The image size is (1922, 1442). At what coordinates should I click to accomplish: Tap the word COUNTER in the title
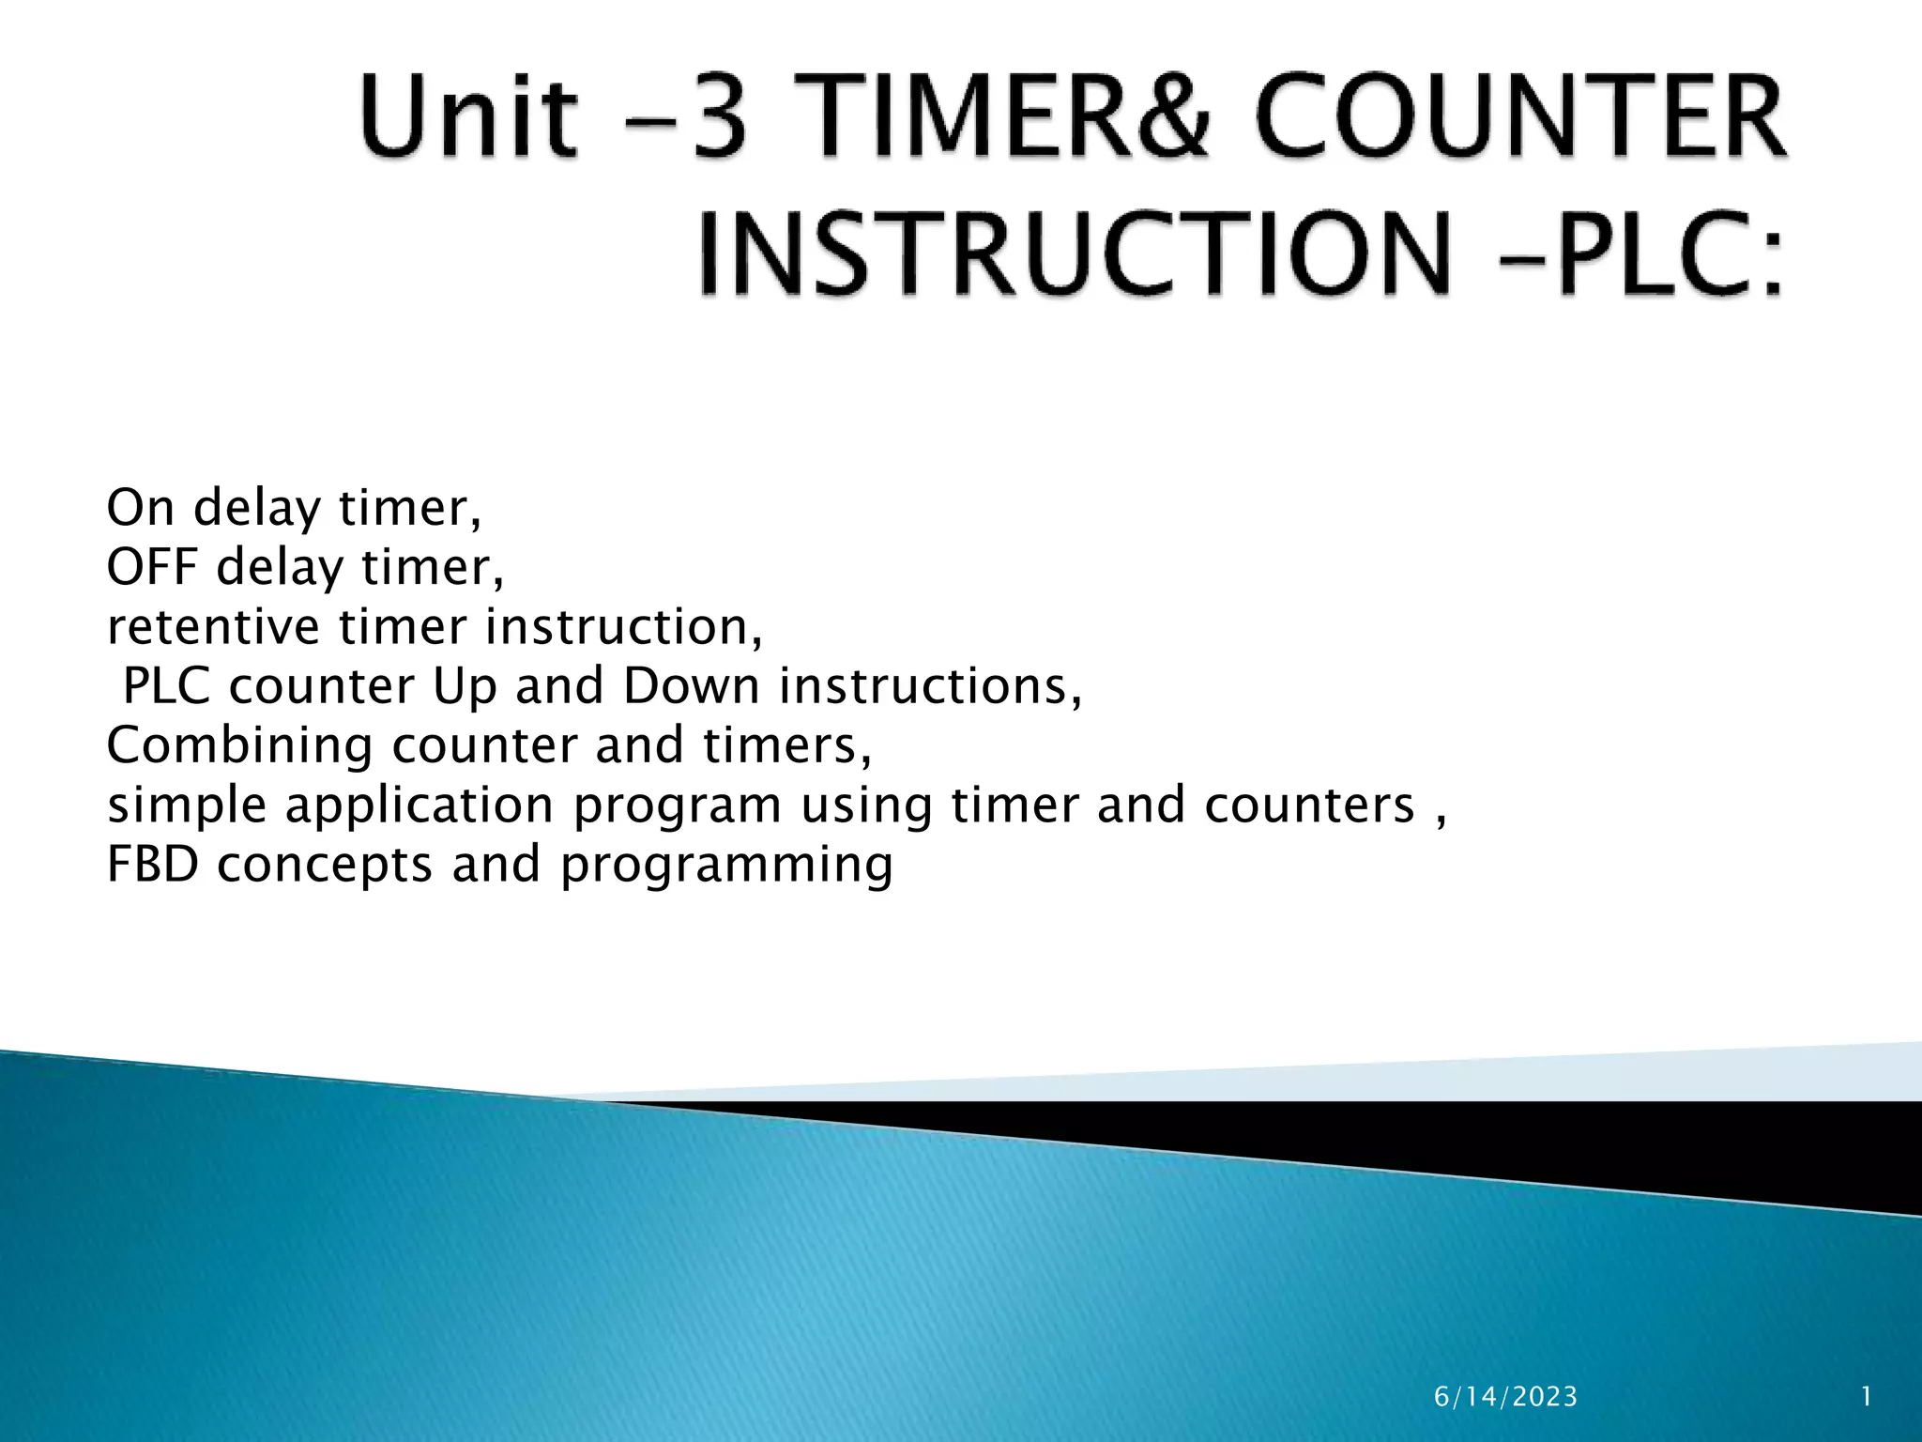click(1521, 116)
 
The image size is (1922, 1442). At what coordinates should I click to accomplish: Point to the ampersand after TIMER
click(1169, 116)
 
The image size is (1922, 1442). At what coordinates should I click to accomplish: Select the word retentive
click(213, 626)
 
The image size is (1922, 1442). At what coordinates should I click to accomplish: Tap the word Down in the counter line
click(691, 685)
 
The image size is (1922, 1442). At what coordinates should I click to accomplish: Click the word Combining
click(239, 745)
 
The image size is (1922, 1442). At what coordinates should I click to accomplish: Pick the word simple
click(187, 805)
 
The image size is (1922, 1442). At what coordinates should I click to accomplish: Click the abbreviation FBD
click(153, 864)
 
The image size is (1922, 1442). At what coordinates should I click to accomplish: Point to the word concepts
click(325, 865)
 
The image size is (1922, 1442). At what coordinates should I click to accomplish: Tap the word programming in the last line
click(726, 865)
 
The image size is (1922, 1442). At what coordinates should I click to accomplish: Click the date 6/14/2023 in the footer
click(1505, 1397)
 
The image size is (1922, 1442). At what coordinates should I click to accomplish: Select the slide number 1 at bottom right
click(1867, 1397)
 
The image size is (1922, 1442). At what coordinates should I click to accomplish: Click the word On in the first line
click(141, 508)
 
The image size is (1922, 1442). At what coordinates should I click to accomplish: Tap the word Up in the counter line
click(464, 686)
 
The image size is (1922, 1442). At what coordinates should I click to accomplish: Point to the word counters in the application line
click(1309, 805)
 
